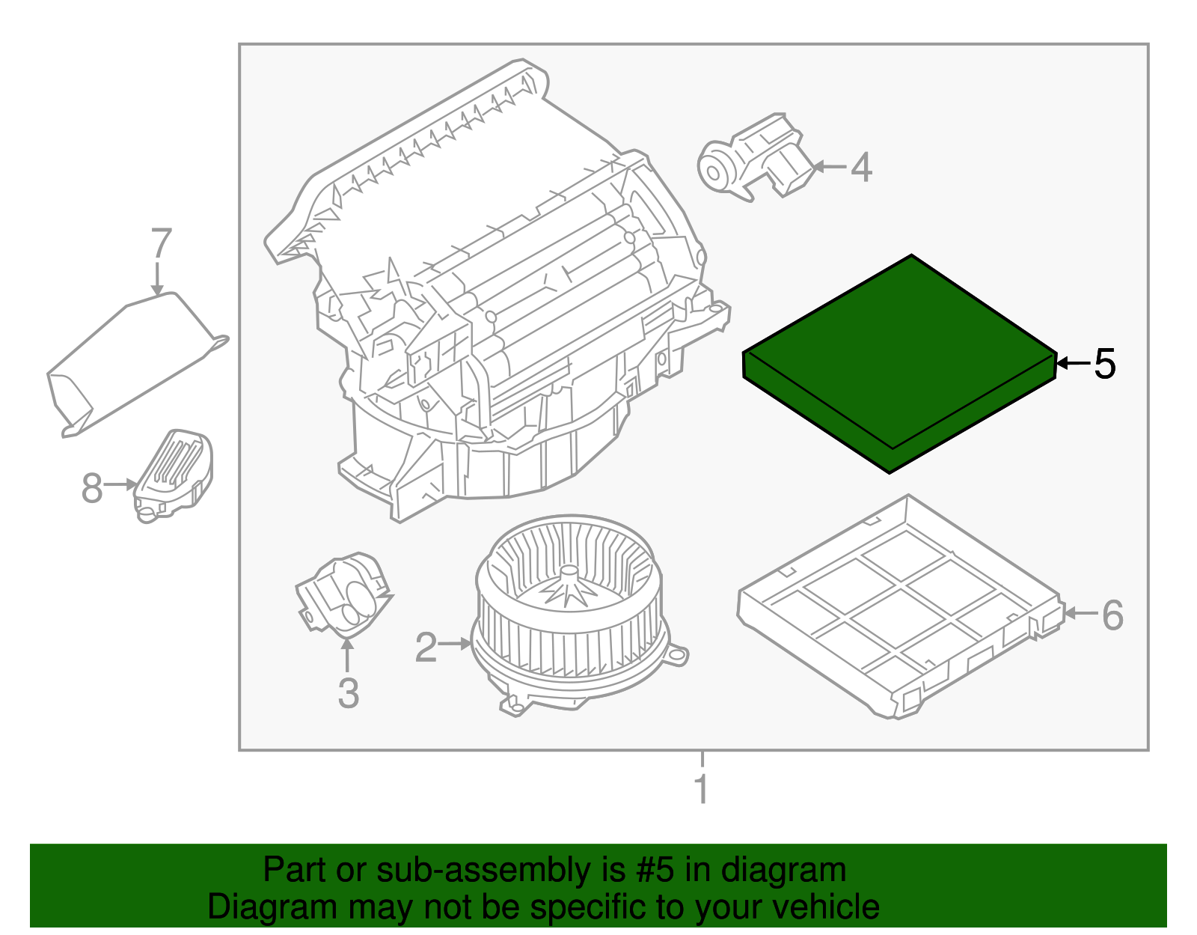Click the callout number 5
pyautogui.click(x=1104, y=364)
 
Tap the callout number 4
pyautogui.click(x=861, y=167)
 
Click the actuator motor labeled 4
pyautogui.click(x=756, y=159)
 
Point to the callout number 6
pyautogui.click(x=1112, y=615)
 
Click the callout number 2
pyautogui.click(x=426, y=647)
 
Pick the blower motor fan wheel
pyautogui.click(x=569, y=606)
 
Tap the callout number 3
pyautogui.click(x=348, y=693)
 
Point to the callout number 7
pyautogui.click(x=162, y=244)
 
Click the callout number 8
pyautogui.click(x=91, y=489)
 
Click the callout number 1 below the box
pyautogui.click(x=701, y=789)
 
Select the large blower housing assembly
pyautogui.click(x=494, y=299)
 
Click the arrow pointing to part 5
pyautogui.click(x=1073, y=364)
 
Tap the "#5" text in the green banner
pyautogui.click(x=655, y=871)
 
